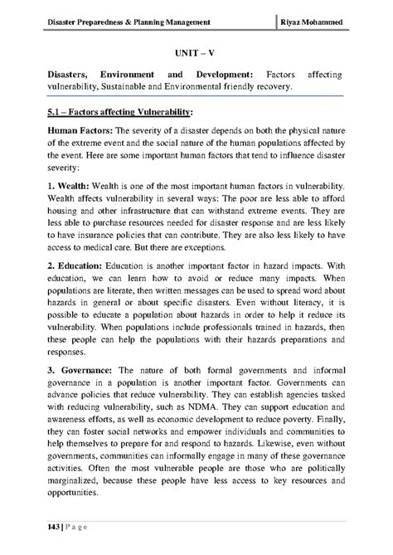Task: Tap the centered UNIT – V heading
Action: click(196, 51)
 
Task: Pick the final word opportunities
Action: click(74, 494)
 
